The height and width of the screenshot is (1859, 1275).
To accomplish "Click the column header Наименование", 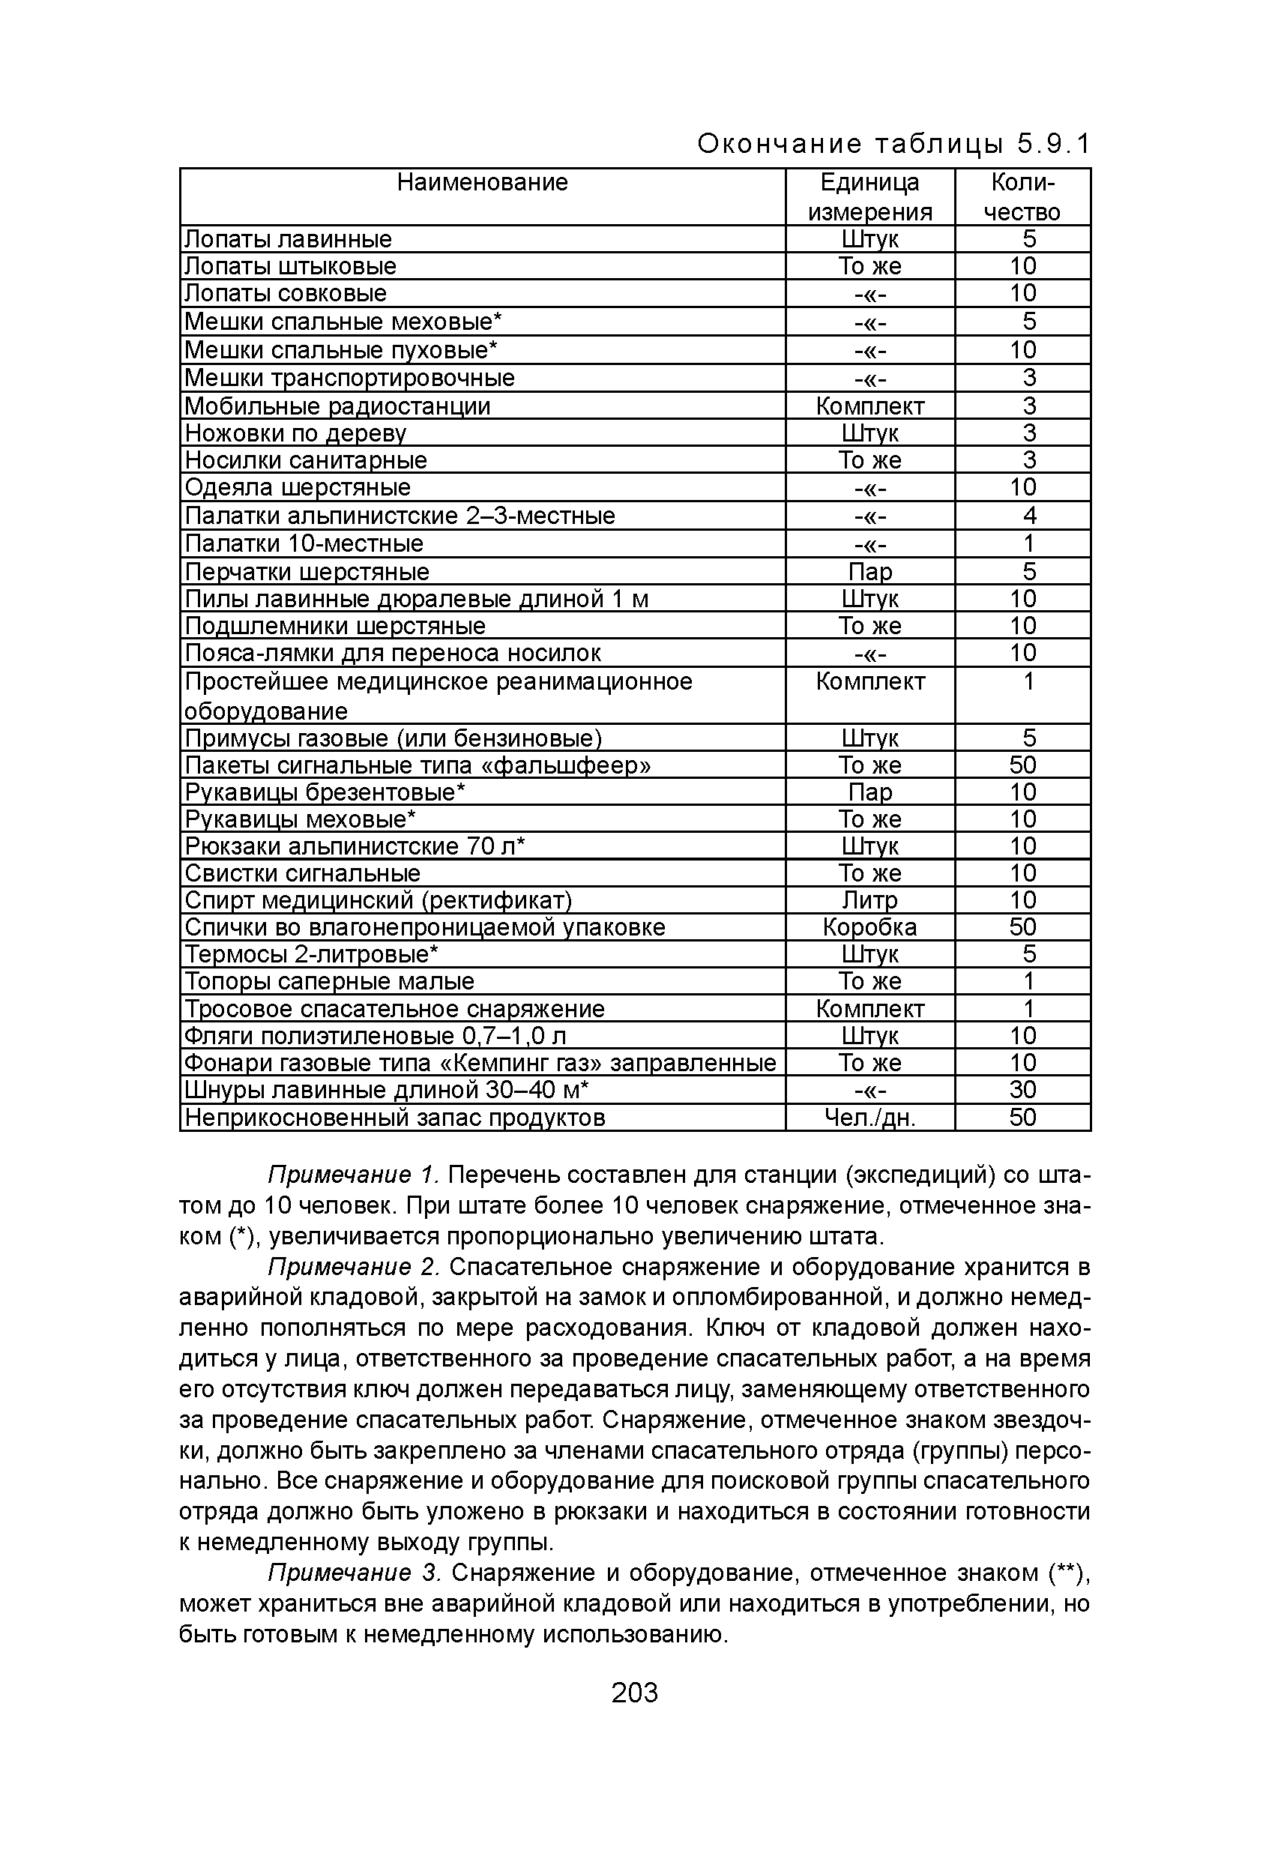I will (482, 183).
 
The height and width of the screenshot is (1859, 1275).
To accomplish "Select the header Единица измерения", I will (869, 197).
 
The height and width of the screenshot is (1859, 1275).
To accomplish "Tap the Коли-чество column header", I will (1022, 197).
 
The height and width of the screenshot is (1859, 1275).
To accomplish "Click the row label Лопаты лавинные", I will (288, 239).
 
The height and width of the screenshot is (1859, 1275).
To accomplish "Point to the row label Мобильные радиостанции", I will (337, 406).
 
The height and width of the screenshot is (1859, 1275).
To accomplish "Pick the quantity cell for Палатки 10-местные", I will (1028, 543).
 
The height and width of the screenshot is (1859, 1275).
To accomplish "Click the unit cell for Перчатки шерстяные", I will (869, 571).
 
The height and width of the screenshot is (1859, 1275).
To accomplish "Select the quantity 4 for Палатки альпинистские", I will (1028, 515).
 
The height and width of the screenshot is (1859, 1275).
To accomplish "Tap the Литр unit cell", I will (869, 900).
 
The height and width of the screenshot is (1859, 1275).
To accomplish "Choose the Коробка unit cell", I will (869, 927).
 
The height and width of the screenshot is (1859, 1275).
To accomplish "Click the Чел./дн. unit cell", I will (869, 1118).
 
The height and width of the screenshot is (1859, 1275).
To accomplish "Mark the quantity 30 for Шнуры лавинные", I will (1022, 1089).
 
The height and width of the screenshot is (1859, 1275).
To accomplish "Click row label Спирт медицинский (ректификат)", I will (379, 900).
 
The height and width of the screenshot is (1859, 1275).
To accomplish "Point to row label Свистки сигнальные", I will (302, 873).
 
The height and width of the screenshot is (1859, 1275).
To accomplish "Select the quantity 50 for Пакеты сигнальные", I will (1022, 765).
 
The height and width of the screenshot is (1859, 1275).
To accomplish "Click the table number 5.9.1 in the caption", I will (1053, 144).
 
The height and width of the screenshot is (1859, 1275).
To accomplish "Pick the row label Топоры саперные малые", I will (330, 980).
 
